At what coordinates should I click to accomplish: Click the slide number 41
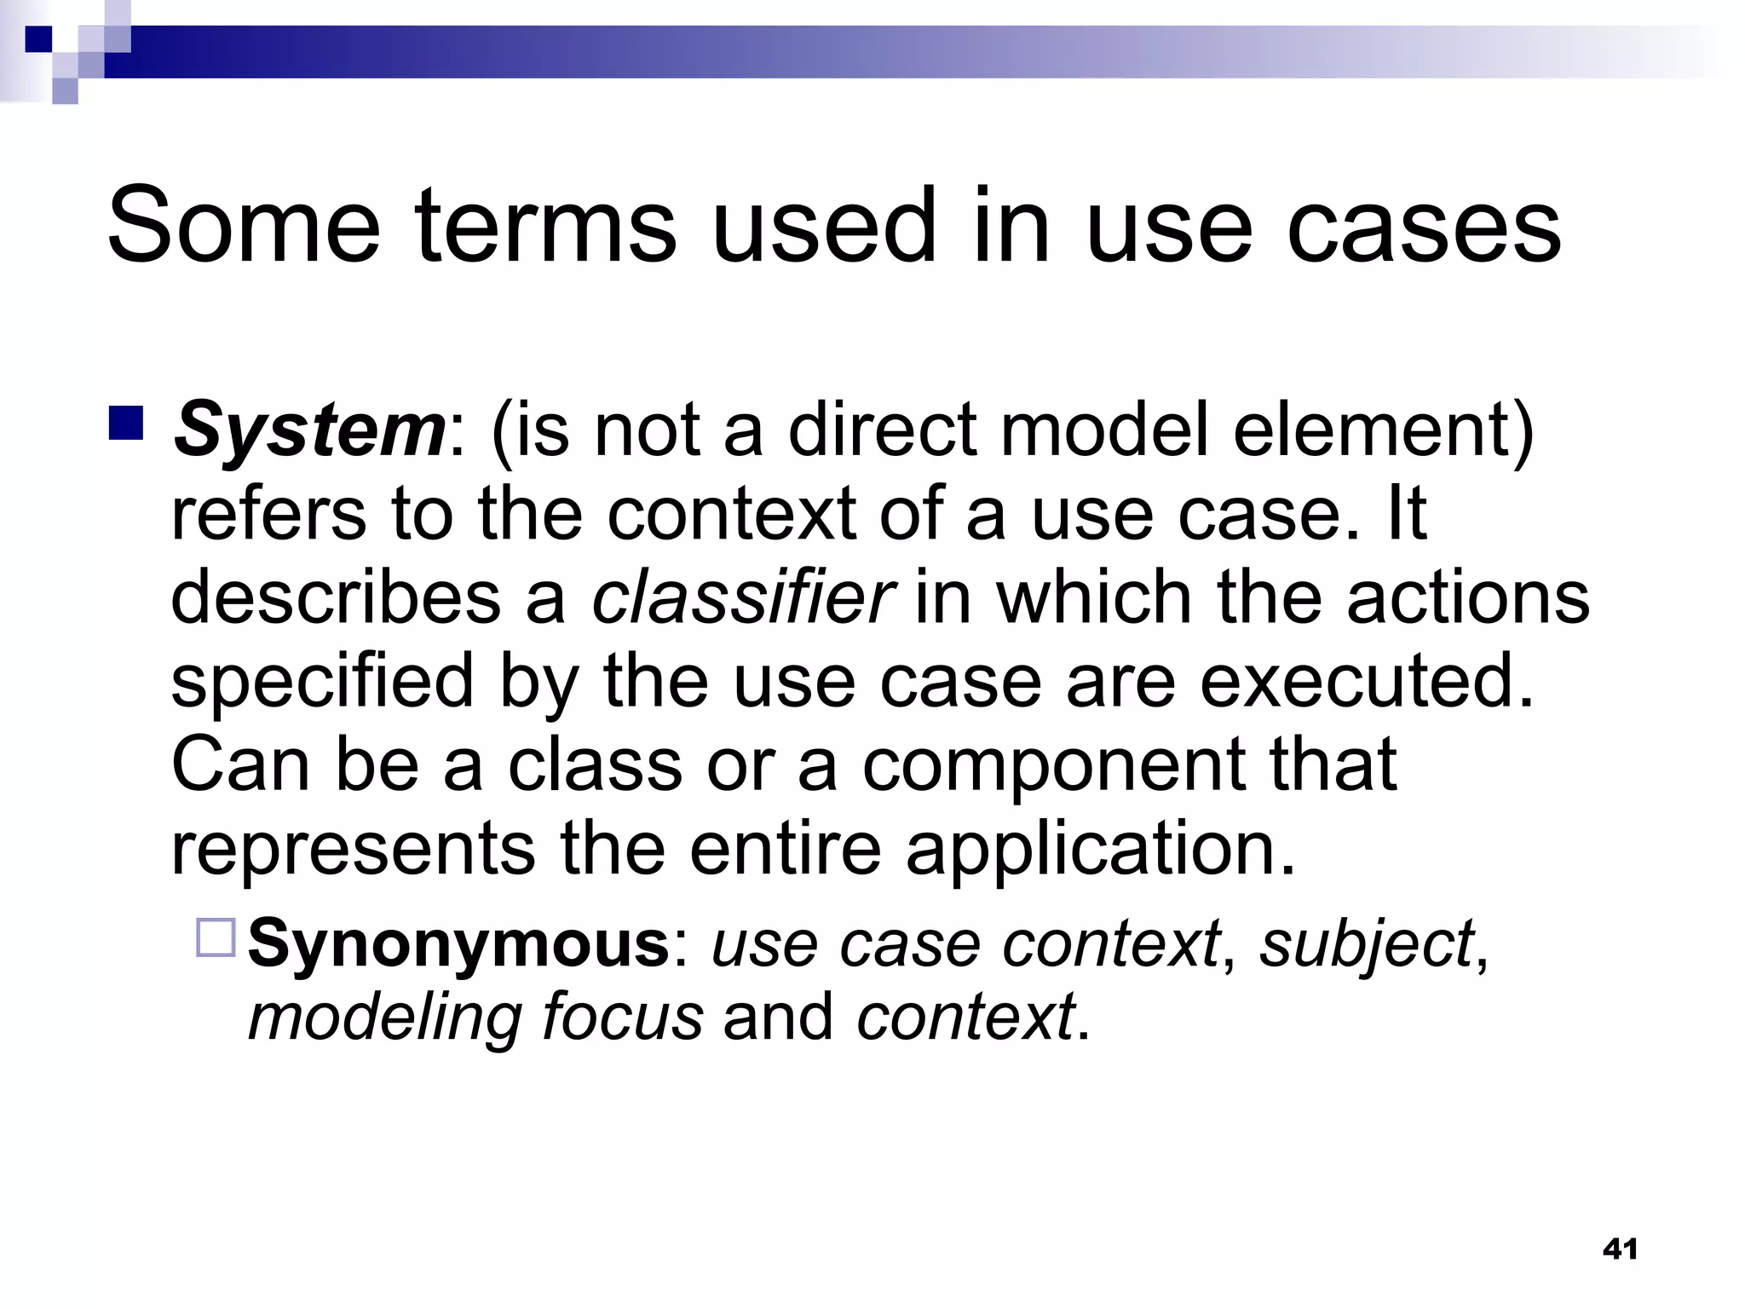pos(1620,1249)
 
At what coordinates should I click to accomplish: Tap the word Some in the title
pos(244,226)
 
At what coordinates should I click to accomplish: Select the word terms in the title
pos(546,226)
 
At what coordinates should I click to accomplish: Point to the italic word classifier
pos(742,597)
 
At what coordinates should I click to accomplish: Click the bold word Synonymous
pos(459,943)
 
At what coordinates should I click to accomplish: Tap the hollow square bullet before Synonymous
pos(216,937)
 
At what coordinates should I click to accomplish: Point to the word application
pos(1099,850)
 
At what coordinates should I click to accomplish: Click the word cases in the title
pos(1423,226)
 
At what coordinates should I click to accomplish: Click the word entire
pos(785,850)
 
